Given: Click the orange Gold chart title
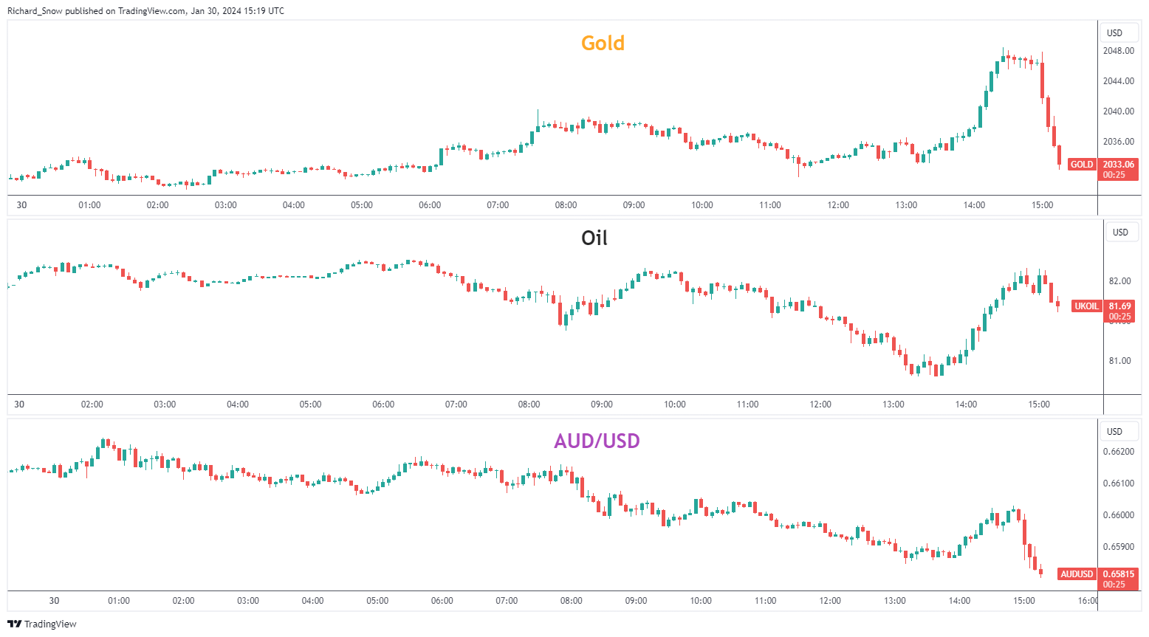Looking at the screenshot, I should [603, 44].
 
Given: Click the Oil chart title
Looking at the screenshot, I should [594, 238].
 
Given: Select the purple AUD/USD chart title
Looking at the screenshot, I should [597, 441].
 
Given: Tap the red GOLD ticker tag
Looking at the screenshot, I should [1082, 165].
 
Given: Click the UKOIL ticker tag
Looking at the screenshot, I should [1086, 306].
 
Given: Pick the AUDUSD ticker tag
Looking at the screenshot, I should [1077, 574].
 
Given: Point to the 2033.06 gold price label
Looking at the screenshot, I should [1118, 165].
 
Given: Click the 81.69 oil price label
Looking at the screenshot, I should [1119, 306].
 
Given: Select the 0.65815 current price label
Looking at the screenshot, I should [1118, 574].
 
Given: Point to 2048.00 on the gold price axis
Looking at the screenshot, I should [1118, 51].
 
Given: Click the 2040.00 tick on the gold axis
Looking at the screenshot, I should [1118, 111].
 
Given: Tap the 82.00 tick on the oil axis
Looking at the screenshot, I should [1119, 281].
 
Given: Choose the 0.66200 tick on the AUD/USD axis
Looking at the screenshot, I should [1118, 452].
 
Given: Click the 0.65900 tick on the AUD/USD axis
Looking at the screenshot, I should [1118, 547].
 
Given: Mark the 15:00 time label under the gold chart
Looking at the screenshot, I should [1042, 205].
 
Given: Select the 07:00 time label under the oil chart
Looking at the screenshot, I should [456, 404].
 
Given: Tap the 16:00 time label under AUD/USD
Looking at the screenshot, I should [1088, 601].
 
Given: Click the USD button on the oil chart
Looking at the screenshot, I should [1120, 233].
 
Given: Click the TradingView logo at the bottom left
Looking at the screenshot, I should [42, 624].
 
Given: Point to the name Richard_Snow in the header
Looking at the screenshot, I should [35, 11].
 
